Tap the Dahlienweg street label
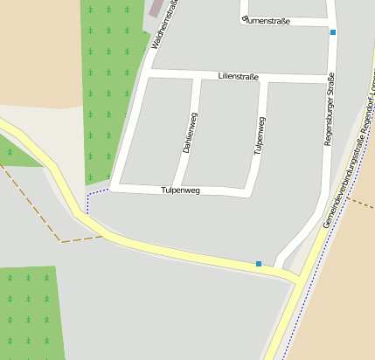tap(189, 133)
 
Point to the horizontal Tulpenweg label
tap(181, 190)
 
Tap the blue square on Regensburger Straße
tap(333, 32)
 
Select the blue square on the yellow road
tap(259, 263)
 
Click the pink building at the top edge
tap(156, 7)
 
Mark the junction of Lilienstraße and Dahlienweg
tap(195, 77)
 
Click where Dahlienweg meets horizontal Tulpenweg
tap(177, 187)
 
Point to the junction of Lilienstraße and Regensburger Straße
tap(331, 80)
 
